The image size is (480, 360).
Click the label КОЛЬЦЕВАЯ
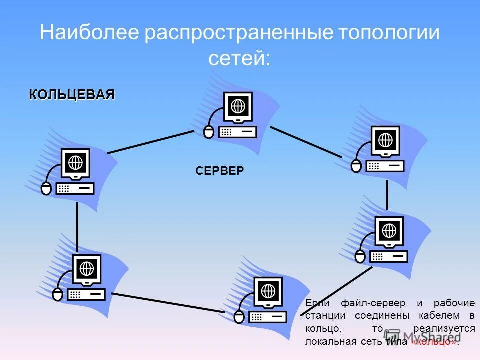click(x=72, y=95)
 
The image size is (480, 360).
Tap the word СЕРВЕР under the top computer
click(x=220, y=171)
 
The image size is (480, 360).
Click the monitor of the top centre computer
click(x=238, y=107)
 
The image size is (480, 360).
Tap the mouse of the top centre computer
click(x=209, y=132)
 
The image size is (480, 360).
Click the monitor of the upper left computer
click(x=75, y=163)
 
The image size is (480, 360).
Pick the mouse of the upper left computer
click(x=46, y=188)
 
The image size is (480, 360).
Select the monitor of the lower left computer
click(x=87, y=269)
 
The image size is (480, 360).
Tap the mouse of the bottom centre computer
click(x=239, y=317)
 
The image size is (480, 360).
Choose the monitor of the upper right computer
click(x=385, y=141)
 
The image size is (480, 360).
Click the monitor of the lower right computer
click(x=389, y=231)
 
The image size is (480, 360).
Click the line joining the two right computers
click(x=387, y=195)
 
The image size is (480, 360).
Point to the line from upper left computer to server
click(x=150, y=142)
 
